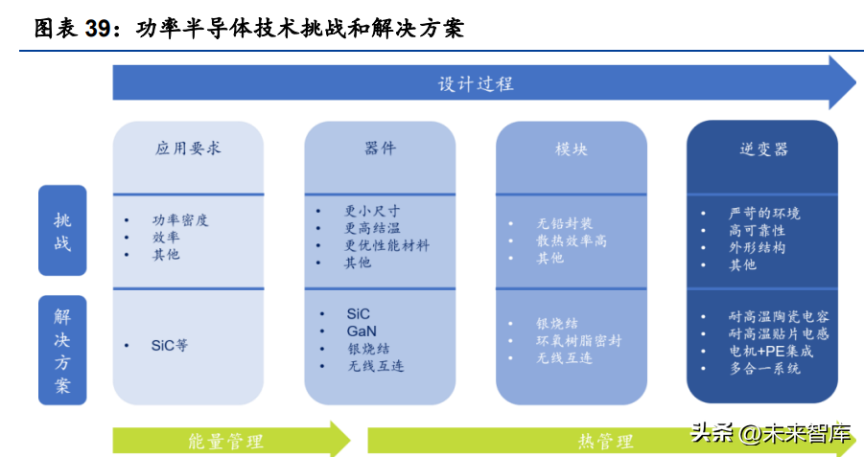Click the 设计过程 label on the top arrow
[476, 83]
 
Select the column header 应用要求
[188, 149]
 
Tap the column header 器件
[380, 149]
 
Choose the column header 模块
[571, 149]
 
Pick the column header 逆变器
[761, 149]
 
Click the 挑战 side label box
[62, 231]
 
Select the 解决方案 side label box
[62, 351]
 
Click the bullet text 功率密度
[179, 219]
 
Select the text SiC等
[170, 346]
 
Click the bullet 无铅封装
[564, 223]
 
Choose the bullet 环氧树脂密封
[578, 340]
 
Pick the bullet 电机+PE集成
[770, 351]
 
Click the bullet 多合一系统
[764, 368]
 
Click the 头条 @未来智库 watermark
[771, 433]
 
